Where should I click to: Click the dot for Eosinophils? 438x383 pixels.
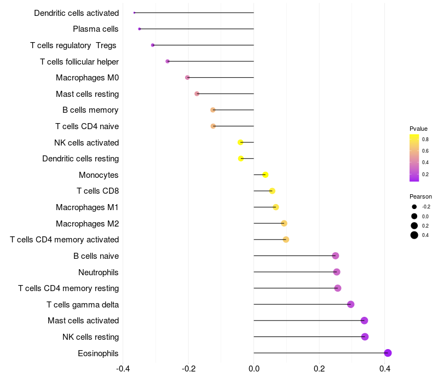(x=388, y=353)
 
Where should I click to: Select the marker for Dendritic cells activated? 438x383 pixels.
(x=134, y=13)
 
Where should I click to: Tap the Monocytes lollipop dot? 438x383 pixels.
(x=266, y=175)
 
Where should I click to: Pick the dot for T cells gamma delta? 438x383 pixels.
(x=350, y=304)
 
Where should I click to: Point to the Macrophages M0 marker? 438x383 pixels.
(x=187, y=77)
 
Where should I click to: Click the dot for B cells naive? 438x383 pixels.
(x=336, y=256)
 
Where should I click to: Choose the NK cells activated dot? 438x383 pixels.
(x=240, y=142)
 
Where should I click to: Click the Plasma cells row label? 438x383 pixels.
(x=95, y=29)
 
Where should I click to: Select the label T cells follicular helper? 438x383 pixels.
(x=79, y=62)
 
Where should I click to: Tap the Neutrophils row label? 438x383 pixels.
(x=99, y=272)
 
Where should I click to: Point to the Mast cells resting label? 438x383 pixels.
(x=87, y=94)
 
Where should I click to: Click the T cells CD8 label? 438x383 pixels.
(x=98, y=191)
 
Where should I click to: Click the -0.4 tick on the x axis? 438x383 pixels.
(x=123, y=369)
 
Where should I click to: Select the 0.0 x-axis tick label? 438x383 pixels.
(x=253, y=369)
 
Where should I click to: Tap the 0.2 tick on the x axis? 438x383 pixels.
(x=319, y=369)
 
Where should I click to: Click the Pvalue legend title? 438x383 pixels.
(x=418, y=129)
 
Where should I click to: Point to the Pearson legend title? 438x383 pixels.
(x=420, y=196)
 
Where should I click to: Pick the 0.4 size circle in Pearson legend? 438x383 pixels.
(x=414, y=235)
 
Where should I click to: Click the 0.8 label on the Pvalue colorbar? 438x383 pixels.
(x=425, y=140)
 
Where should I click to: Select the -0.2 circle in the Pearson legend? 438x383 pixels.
(x=414, y=207)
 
